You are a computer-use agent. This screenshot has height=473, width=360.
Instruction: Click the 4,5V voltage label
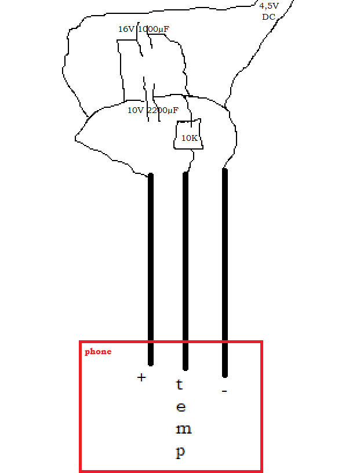[x=269, y=6]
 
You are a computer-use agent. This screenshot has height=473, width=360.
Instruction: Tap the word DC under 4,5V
[x=268, y=17]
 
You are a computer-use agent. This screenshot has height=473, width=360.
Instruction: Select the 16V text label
[x=126, y=29]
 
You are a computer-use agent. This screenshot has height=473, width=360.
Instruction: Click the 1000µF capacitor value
[x=154, y=29]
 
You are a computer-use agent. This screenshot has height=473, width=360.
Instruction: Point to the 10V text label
[x=136, y=110]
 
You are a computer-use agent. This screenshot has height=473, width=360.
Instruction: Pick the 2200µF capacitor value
[x=163, y=110]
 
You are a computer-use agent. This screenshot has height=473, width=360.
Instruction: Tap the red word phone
[x=98, y=351]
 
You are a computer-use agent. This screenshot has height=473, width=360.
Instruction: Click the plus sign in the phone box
[x=141, y=377]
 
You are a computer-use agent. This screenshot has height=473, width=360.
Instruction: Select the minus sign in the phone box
[x=224, y=392]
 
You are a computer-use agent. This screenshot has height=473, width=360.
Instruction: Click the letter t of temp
[x=180, y=384]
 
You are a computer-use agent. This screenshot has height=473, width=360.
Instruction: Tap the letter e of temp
[x=181, y=407]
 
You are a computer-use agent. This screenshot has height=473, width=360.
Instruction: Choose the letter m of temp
[x=183, y=430]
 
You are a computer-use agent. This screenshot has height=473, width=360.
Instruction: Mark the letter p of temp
[x=181, y=452]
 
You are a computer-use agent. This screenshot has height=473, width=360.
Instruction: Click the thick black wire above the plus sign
[x=151, y=261]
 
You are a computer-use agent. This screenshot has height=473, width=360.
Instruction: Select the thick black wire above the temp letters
[x=186, y=261]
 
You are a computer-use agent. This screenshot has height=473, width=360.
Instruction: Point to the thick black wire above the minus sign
[x=225, y=261]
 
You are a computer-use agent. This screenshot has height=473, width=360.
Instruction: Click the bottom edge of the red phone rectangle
[x=171, y=470]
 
